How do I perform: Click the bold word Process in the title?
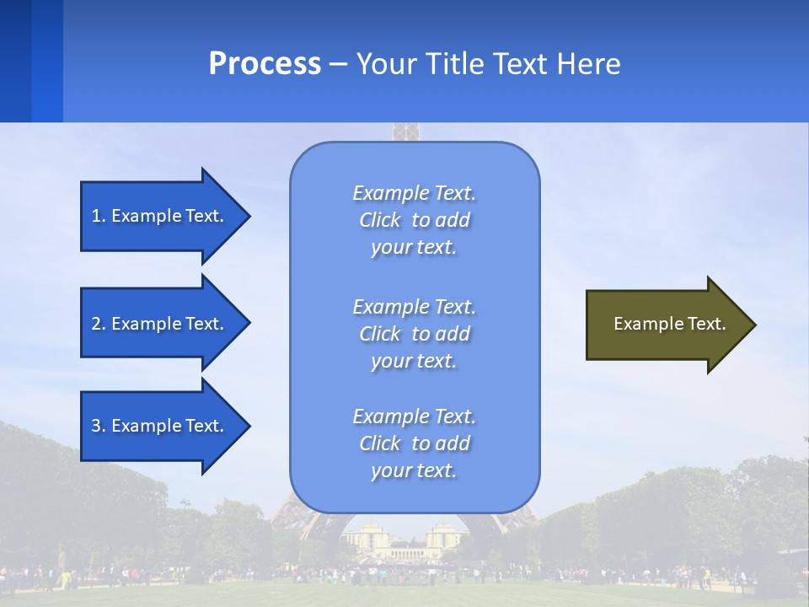pos(265,64)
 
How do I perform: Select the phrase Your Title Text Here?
pos(488,64)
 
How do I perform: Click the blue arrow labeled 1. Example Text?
pos(160,216)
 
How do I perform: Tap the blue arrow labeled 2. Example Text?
pos(160,324)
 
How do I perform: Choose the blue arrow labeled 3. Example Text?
pos(160,426)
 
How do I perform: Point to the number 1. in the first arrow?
pos(99,216)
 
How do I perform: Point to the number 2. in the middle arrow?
pos(99,324)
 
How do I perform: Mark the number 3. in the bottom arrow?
pos(99,426)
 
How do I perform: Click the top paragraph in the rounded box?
pos(414,220)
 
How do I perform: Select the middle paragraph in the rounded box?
pos(414,334)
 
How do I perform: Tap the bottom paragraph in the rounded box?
pos(414,443)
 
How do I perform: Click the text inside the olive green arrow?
pos(669,324)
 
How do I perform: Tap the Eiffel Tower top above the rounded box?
pos(405,132)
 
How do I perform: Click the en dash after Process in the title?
pos(339,65)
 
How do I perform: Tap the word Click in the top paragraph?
pos(380,220)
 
